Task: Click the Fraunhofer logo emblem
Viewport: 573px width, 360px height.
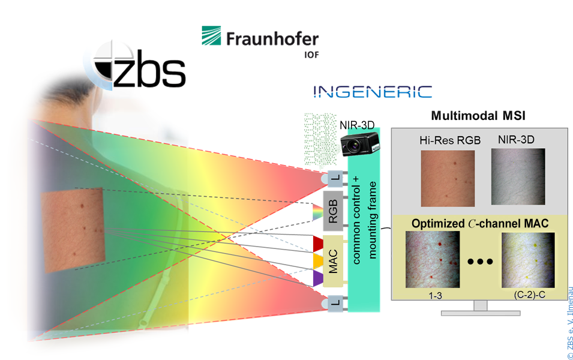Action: (211, 35)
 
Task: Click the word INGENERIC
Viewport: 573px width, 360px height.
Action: (373, 92)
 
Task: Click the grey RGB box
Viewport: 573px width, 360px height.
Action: (333, 211)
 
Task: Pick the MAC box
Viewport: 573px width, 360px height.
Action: (333, 261)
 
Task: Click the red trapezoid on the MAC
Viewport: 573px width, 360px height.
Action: (318, 244)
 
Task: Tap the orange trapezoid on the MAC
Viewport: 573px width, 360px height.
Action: (318, 262)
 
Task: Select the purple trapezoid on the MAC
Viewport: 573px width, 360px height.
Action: (318, 278)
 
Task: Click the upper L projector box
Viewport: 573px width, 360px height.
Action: (335, 179)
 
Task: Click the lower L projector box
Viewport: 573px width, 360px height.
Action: (335, 304)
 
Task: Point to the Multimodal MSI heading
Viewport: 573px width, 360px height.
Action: (478, 116)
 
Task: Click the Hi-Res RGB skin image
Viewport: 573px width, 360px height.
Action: (448, 178)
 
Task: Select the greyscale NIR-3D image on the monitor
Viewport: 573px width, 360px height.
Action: (518, 176)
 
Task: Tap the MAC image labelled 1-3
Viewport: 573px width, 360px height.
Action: (433, 259)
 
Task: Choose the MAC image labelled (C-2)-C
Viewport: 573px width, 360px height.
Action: (528, 260)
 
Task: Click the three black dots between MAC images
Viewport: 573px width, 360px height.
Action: (480, 262)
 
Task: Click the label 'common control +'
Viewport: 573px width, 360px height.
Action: (356, 220)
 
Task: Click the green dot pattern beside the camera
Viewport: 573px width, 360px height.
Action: (320, 139)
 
